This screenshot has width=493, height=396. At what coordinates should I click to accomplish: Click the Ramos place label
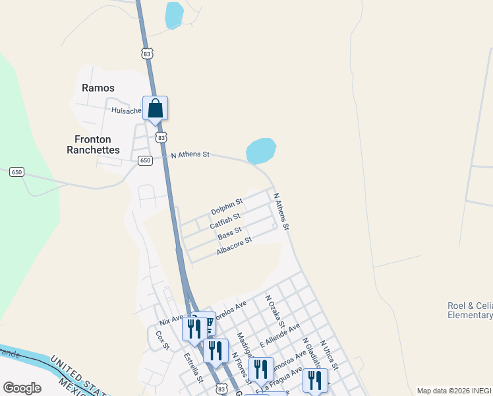tap(98, 88)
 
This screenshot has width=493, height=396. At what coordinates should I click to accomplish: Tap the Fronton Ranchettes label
tap(93, 145)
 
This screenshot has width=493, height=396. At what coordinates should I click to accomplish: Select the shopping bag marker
tap(155, 109)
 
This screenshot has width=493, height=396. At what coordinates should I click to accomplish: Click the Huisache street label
tap(127, 111)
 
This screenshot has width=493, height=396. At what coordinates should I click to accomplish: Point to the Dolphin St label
tap(227, 205)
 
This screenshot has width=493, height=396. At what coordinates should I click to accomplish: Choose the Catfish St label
tap(225, 221)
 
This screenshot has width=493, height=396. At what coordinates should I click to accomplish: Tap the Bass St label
tap(229, 232)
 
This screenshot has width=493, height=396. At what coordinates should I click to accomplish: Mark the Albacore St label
tap(234, 246)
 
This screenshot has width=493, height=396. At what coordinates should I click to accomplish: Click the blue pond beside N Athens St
tap(261, 150)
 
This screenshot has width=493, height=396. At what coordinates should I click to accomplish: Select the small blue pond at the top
tap(174, 15)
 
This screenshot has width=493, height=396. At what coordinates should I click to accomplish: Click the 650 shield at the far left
tap(16, 172)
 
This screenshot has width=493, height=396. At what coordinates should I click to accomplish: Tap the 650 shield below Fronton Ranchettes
tap(145, 160)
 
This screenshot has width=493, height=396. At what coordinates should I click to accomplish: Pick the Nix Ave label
tap(172, 320)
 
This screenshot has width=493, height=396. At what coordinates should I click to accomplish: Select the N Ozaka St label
tap(275, 311)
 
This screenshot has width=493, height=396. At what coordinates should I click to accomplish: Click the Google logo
tap(22, 388)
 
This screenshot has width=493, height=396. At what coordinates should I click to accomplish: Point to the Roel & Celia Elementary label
tap(469, 310)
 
